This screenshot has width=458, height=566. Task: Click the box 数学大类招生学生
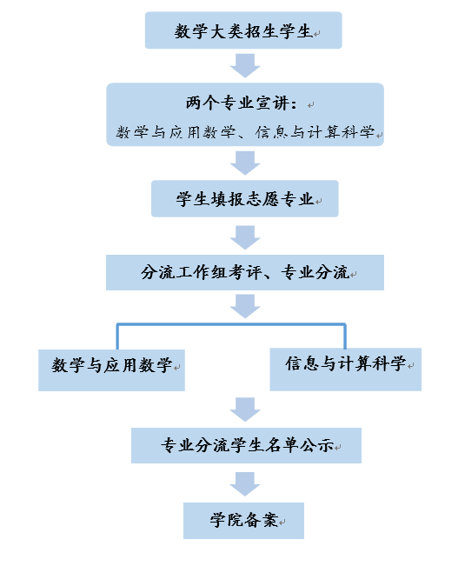point(243,30)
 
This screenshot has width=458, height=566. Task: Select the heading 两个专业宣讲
point(242,103)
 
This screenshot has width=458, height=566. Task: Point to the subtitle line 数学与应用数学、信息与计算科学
point(245,132)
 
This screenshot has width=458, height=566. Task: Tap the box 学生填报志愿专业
point(245,198)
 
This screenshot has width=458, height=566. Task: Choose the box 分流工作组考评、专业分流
point(245,272)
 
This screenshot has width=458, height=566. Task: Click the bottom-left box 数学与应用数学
point(111,370)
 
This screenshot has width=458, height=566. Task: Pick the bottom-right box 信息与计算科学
point(345,370)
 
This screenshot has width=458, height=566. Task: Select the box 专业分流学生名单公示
point(246,445)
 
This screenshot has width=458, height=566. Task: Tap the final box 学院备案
point(243,521)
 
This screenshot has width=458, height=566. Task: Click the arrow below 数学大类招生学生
point(245,66)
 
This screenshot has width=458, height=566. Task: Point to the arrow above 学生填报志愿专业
point(245,163)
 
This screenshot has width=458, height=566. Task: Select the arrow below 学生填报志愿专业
point(245,237)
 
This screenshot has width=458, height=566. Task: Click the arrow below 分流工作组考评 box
point(245,306)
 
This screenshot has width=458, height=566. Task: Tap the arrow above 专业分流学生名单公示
point(245,410)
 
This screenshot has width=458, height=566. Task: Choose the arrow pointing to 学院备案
point(245,484)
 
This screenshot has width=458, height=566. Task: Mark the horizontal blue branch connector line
point(231,324)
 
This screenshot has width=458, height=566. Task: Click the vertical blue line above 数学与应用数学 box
point(117,336)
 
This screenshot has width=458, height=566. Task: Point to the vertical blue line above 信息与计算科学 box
point(345,336)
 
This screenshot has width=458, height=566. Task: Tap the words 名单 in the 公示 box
point(282,445)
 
